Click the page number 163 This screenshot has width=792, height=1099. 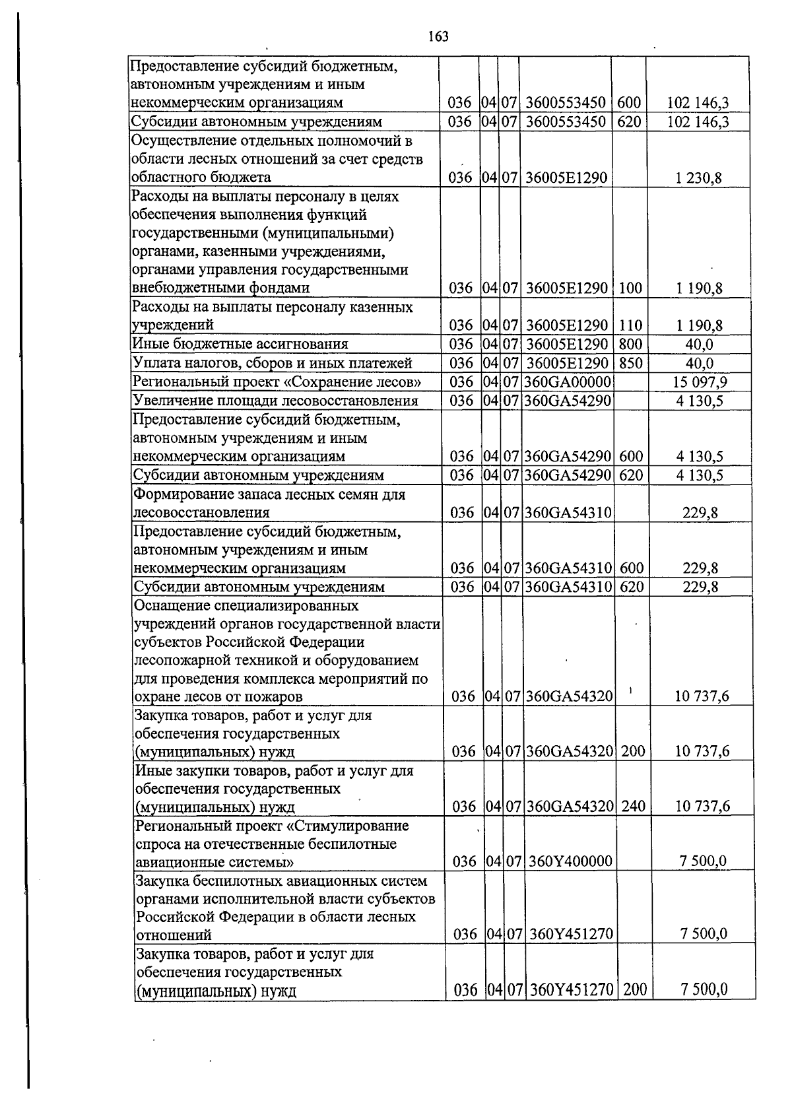point(438,36)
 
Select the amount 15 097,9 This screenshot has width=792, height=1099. point(701,382)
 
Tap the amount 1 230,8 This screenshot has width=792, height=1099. point(703,178)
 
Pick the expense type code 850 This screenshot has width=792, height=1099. point(630,363)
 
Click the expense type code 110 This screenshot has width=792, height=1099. point(630,325)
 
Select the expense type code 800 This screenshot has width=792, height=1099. point(630,345)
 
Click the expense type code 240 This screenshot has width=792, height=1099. point(633,806)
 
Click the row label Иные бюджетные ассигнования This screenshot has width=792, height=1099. point(240,344)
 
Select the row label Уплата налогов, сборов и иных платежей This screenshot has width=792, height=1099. point(273,363)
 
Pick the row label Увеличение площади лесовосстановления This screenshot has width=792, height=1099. point(275,401)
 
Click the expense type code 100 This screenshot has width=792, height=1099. point(630,288)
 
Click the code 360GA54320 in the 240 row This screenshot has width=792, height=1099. point(570,806)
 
